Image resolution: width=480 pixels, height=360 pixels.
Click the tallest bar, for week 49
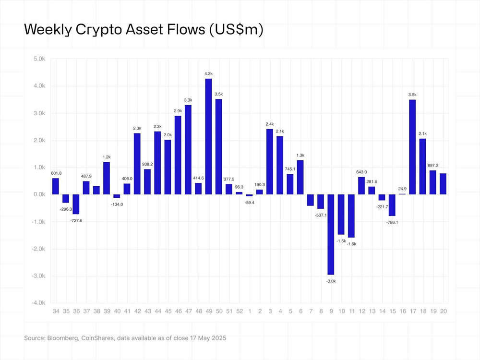pyautogui.click(x=208, y=136)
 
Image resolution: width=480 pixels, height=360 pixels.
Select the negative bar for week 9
pyautogui.click(x=331, y=234)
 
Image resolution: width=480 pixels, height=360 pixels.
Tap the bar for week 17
pyautogui.click(x=412, y=147)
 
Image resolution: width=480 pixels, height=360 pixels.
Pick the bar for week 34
pyautogui.click(x=56, y=186)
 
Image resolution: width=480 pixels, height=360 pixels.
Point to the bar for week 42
pyautogui.click(x=137, y=164)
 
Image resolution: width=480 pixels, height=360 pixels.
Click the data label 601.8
pyautogui.click(x=56, y=173)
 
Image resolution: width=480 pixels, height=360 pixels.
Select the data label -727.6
pyautogui.click(x=76, y=220)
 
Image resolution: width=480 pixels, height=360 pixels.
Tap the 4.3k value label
pyautogui.click(x=208, y=73)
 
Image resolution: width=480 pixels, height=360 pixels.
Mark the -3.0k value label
pyautogui.click(x=331, y=281)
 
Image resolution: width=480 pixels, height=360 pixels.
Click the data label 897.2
pyautogui.click(x=433, y=166)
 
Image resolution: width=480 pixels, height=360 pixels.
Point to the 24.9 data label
pyautogui.click(x=402, y=188)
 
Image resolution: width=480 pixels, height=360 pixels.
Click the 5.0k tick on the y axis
pyautogui.click(x=39, y=59)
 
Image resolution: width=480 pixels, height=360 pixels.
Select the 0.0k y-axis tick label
pyautogui.click(x=39, y=195)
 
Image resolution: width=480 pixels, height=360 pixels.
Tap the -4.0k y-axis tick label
pyautogui.click(x=38, y=303)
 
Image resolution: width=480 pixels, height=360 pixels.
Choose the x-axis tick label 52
pyautogui.click(x=239, y=311)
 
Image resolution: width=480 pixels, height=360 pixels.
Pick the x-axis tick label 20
pyautogui.click(x=443, y=311)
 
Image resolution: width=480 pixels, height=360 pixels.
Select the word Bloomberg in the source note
pyautogui.click(x=63, y=338)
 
